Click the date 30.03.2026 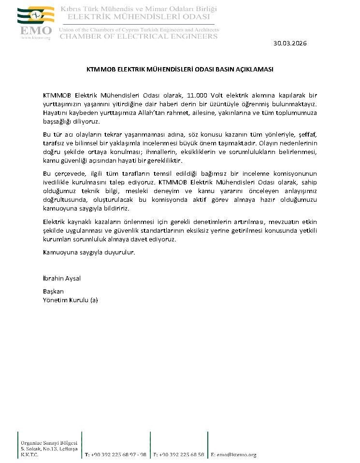point(290,43)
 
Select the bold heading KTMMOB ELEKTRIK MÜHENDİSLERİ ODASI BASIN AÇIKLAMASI point(180,69)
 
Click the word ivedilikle point(57,182)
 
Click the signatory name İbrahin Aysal point(62,279)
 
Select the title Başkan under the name point(53,292)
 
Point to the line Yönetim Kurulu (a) point(71,300)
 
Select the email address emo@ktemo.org point(237,455)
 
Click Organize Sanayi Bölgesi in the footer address point(49,443)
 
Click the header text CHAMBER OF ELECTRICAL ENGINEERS point(139,36)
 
